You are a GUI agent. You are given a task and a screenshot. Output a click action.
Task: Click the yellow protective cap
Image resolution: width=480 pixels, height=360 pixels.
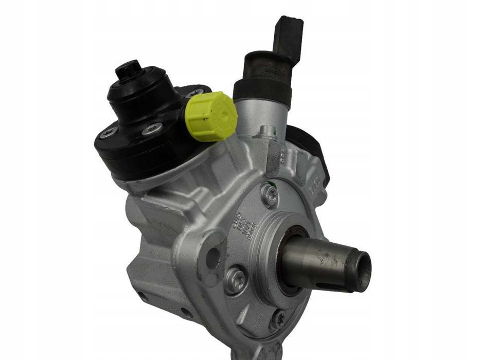click(x=211, y=116)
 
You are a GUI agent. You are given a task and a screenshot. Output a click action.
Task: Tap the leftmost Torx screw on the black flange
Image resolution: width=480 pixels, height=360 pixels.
click(x=109, y=133)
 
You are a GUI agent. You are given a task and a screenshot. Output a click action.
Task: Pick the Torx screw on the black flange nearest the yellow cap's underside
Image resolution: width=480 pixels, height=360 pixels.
click(x=152, y=129)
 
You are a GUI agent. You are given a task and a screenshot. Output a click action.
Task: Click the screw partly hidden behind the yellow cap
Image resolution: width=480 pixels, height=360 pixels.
click(x=196, y=93)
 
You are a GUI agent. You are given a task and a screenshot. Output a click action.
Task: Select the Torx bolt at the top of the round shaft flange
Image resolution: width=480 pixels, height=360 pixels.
click(x=269, y=194)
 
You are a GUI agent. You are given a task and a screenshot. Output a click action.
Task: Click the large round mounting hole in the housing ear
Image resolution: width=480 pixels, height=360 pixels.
click(x=212, y=257)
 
